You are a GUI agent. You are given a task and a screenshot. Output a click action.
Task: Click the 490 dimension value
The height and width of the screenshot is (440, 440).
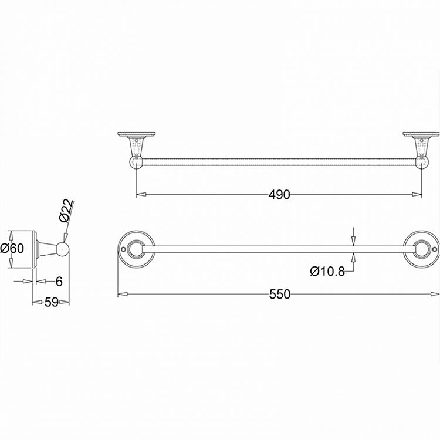coord(279,195)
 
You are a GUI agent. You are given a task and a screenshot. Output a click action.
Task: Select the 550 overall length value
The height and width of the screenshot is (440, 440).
coord(279,294)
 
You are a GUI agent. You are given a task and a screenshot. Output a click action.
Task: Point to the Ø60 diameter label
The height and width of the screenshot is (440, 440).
coord(12,248)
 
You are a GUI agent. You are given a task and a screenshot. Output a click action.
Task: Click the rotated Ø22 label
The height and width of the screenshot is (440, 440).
coord(66,210)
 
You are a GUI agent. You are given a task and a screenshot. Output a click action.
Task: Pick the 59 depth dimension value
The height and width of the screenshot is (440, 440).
coord(51,303)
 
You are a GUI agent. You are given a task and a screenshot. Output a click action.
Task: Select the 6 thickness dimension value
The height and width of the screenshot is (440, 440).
coord(59,282)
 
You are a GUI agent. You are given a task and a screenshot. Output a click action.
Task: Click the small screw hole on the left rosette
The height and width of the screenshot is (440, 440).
coord(123,249)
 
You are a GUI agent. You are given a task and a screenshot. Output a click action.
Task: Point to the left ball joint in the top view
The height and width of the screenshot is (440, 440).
coord(136,161)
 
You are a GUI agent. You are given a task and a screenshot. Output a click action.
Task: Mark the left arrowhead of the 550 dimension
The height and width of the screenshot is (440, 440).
coord(121,294)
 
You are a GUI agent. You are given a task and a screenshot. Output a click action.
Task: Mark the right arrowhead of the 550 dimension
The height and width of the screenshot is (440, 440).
coord(435,294)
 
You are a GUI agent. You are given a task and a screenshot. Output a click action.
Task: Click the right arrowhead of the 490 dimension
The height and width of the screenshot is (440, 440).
coord(418,195)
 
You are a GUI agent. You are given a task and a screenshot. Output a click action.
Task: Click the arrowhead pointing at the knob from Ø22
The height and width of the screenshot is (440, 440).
coord(65,239)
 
